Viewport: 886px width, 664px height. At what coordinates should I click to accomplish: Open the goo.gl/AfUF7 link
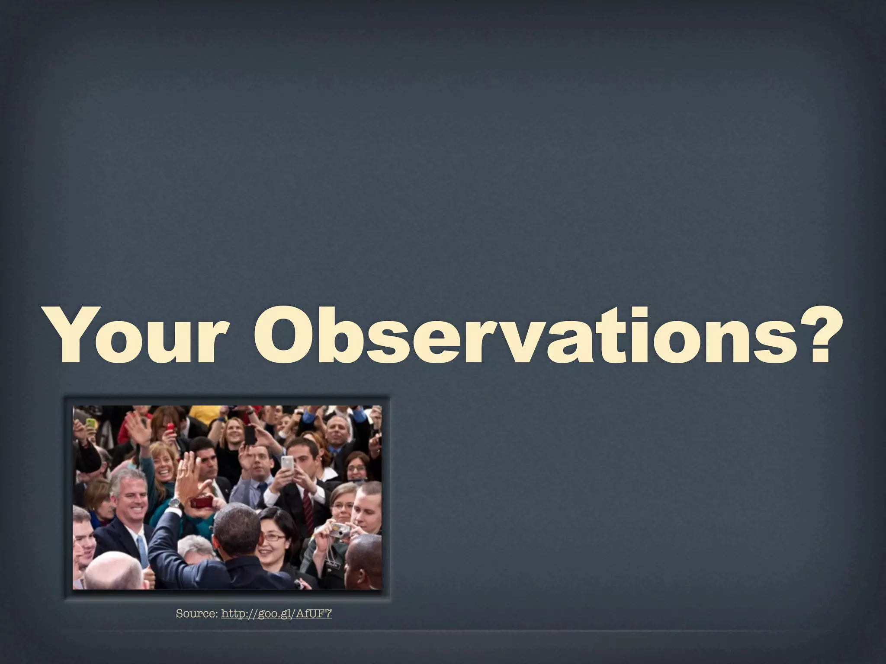(276, 613)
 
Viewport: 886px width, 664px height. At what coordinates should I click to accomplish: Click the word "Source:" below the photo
(197, 613)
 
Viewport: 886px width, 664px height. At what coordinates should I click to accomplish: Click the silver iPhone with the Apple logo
(287, 464)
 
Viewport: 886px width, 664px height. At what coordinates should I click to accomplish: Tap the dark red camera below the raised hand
(202, 502)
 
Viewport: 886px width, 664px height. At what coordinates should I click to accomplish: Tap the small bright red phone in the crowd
(170, 428)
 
